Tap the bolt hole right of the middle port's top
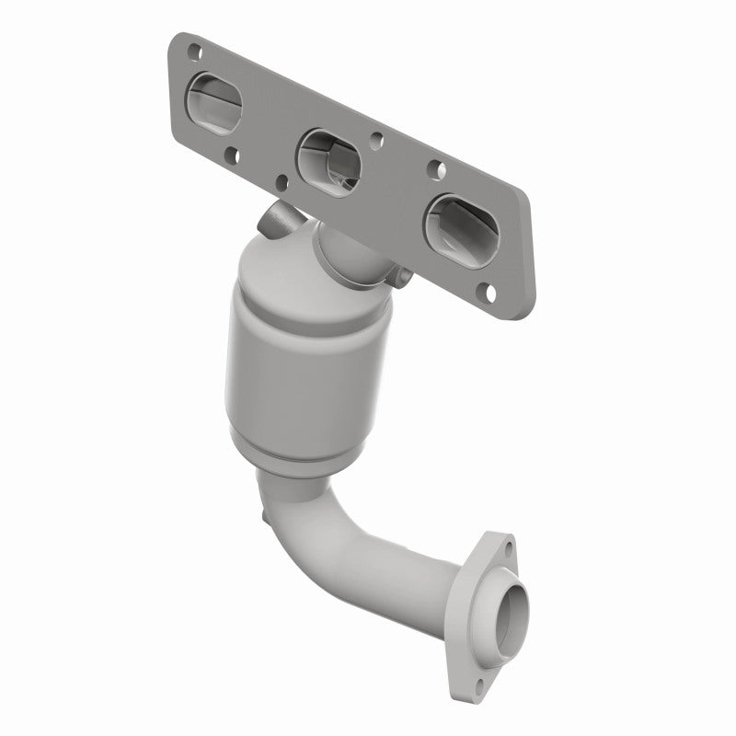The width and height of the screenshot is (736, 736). click(377, 143)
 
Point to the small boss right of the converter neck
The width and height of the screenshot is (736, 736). click(402, 273)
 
